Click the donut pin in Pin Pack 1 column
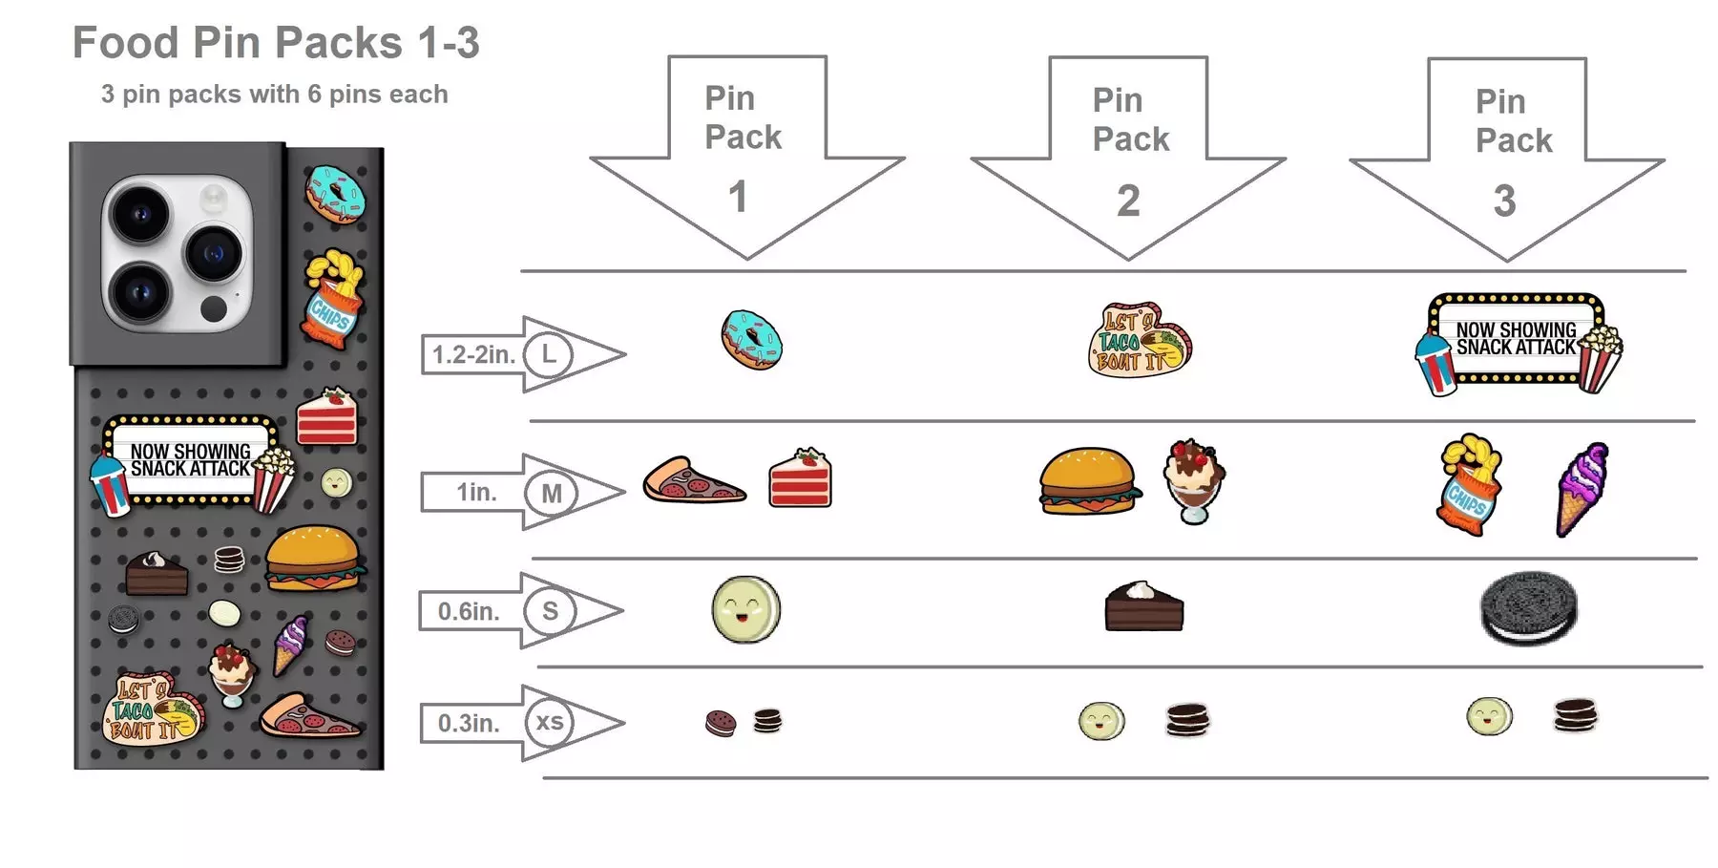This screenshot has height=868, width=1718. tap(751, 340)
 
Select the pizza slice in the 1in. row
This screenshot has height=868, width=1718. tap(692, 481)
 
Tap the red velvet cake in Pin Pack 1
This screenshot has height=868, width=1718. tap(800, 478)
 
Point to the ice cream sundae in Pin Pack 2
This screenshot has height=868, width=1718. tap(1193, 480)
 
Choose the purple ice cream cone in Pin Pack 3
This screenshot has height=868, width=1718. tap(1582, 488)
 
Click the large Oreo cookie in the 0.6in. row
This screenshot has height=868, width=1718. tap(1528, 608)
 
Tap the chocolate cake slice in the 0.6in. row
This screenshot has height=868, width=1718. tap(1143, 607)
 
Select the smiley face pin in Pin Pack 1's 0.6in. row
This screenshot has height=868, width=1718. tap(745, 609)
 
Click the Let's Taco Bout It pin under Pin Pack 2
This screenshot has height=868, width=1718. tap(1139, 341)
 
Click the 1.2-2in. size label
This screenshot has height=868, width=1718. tap(473, 355)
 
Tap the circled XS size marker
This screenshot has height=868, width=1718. tap(549, 723)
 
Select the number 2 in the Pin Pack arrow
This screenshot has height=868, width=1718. tap(1128, 201)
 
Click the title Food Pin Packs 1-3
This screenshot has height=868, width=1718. tap(276, 43)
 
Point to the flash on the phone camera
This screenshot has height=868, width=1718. tap(213, 199)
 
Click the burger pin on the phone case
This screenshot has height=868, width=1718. tap(314, 559)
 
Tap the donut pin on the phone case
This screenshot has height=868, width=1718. tap(335, 194)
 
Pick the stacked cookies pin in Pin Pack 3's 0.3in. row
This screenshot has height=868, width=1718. tap(1575, 715)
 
